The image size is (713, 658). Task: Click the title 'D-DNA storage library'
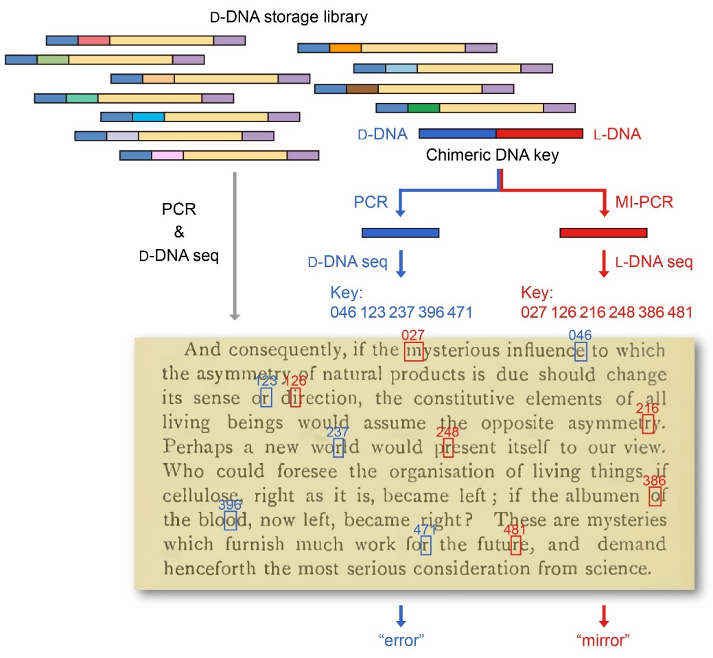(288, 17)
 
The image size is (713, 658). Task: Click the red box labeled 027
(414, 351)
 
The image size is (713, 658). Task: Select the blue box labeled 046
(581, 351)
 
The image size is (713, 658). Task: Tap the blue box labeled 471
(425, 545)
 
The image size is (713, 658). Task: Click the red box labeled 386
(655, 495)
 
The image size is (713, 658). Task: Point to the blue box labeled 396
(231, 521)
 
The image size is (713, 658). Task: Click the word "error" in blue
(401, 640)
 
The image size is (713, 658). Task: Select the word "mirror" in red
(604, 640)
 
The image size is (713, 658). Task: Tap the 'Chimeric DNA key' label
(492, 155)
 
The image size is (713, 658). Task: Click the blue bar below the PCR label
(400, 233)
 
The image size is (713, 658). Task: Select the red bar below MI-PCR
(603, 233)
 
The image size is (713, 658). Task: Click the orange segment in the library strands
(345, 48)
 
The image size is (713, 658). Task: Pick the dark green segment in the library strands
(423, 108)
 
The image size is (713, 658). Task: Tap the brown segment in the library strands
(362, 89)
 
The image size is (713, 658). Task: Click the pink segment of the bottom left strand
(167, 156)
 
